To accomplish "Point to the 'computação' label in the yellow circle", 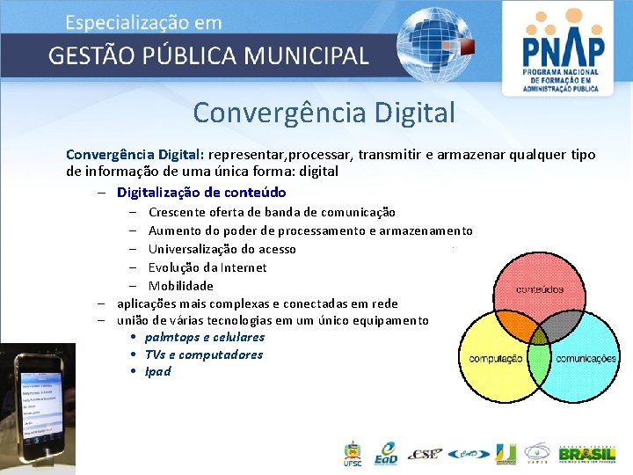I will click(x=496, y=359).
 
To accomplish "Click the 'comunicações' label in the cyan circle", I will click(x=586, y=359).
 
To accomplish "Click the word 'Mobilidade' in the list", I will click(x=180, y=286).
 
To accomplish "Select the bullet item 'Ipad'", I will click(x=157, y=371).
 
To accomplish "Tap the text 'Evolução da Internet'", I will click(x=207, y=267).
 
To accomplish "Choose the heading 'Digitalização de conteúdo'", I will click(x=201, y=192).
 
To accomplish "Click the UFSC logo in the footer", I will click(x=352, y=454).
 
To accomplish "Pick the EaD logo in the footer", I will click(x=385, y=454).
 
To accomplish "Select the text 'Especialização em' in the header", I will click(x=143, y=23).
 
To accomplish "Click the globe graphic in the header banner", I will click(x=432, y=44).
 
